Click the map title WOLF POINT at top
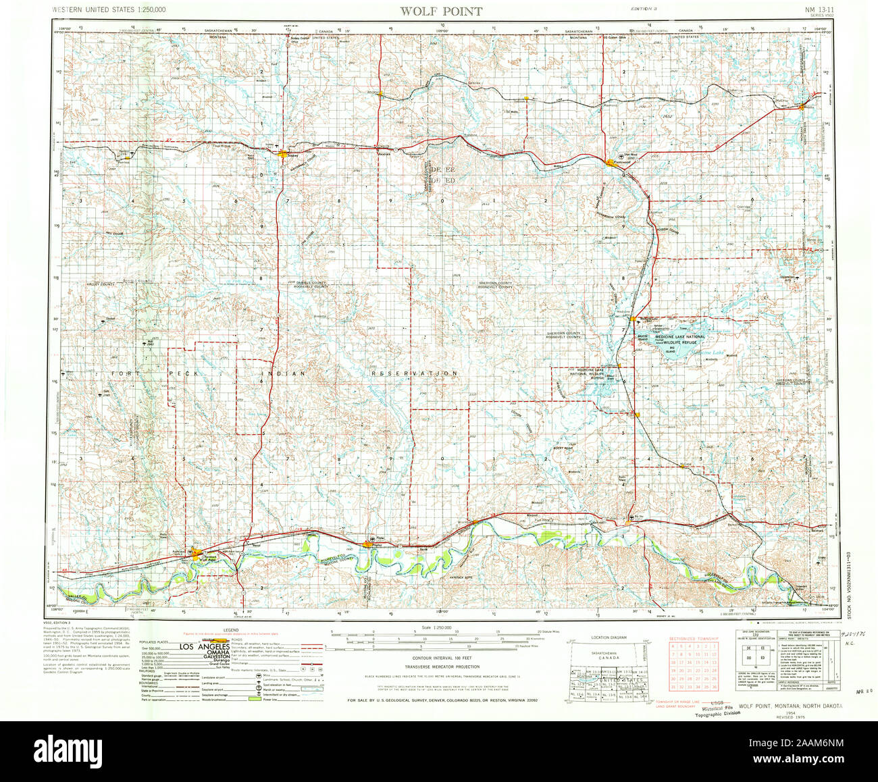(441, 11)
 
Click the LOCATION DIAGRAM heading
(608, 637)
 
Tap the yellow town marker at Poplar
(369, 544)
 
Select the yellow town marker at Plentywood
(612, 162)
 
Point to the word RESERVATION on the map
(415, 373)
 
